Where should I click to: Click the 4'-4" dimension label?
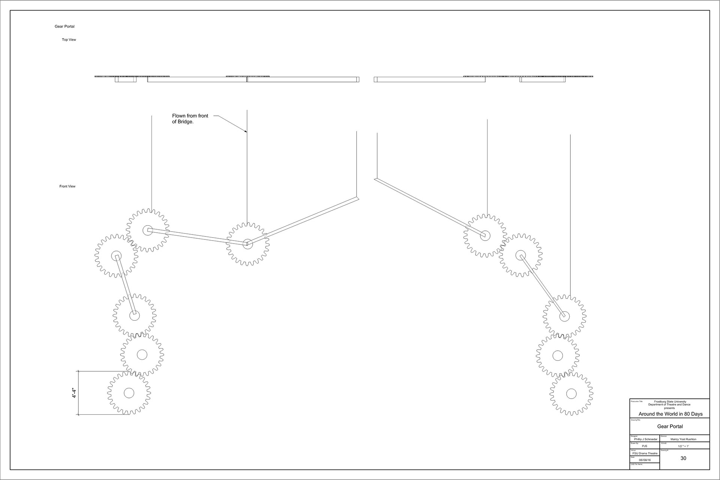(75, 393)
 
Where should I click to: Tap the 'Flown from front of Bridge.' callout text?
(190, 119)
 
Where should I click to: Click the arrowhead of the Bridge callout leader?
(246, 131)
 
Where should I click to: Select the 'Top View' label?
(69, 40)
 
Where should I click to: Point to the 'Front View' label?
(67, 186)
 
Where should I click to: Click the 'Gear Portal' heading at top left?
(64, 27)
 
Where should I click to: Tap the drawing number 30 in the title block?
(683, 458)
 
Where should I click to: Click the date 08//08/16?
(645, 460)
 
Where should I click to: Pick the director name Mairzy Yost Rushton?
(683, 439)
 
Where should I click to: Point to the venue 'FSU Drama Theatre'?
(645, 453)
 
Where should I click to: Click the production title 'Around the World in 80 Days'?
(670, 414)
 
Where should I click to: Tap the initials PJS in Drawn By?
(645, 446)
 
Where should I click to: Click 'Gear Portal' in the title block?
(670, 426)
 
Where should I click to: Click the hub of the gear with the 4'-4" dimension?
(129, 393)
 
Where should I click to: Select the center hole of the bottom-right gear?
(571, 394)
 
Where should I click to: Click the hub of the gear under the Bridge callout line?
(247, 244)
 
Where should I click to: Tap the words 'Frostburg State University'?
(670, 402)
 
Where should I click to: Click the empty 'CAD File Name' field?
(645, 467)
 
